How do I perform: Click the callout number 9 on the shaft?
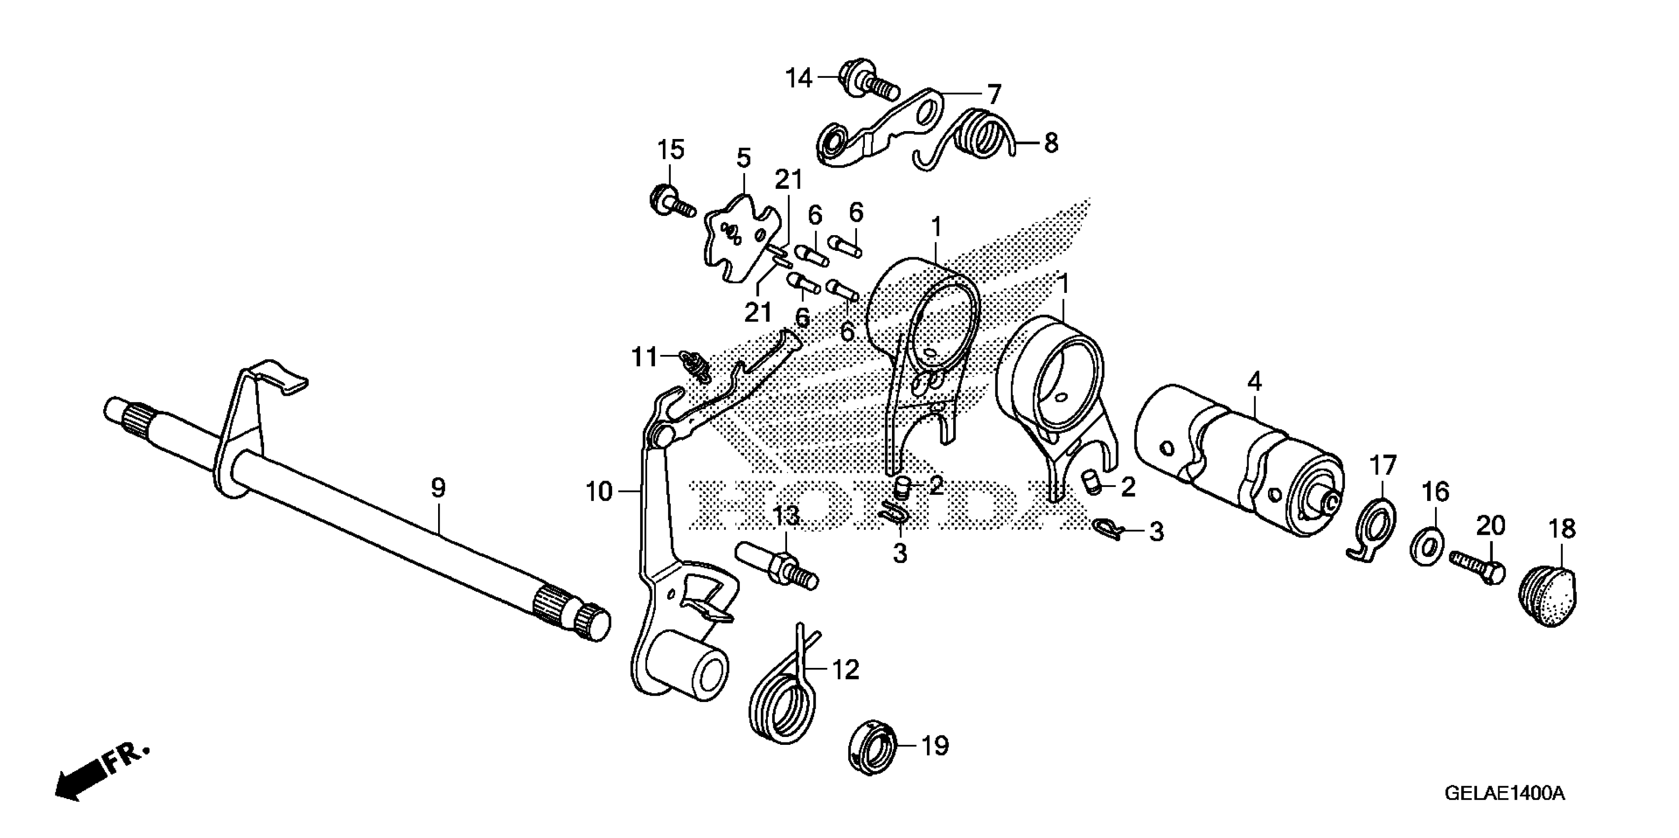[x=438, y=489]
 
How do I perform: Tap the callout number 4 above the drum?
[x=1255, y=382]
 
